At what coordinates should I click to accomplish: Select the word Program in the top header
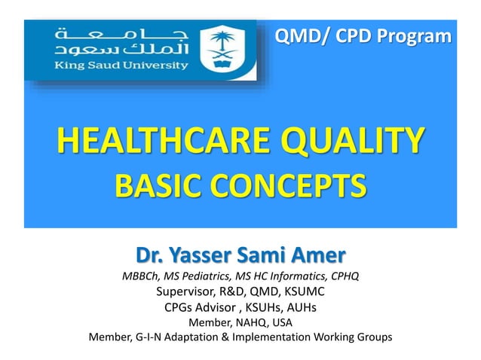click(420, 34)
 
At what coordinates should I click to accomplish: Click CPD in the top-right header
click(352, 34)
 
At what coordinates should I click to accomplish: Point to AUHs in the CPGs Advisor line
click(299, 307)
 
